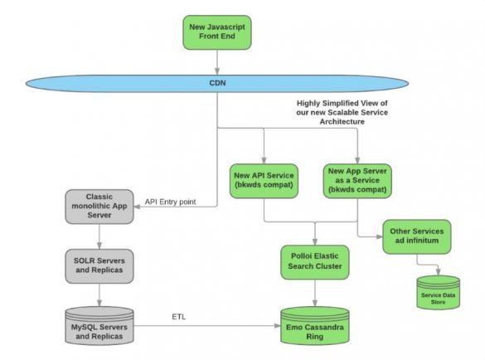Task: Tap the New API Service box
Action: (264, 181)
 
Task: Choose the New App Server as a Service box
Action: (357, 181)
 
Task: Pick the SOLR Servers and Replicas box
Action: (99, 265)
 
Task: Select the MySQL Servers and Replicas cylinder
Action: (99, 325)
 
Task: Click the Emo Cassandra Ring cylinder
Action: (313, 325)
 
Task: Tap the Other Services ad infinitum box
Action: (418, 236)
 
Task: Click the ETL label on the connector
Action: (178, 316)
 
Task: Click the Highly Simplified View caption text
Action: (354, 111)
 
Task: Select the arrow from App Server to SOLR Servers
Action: (99, 236)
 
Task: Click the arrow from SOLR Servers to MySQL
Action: (99, 294)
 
